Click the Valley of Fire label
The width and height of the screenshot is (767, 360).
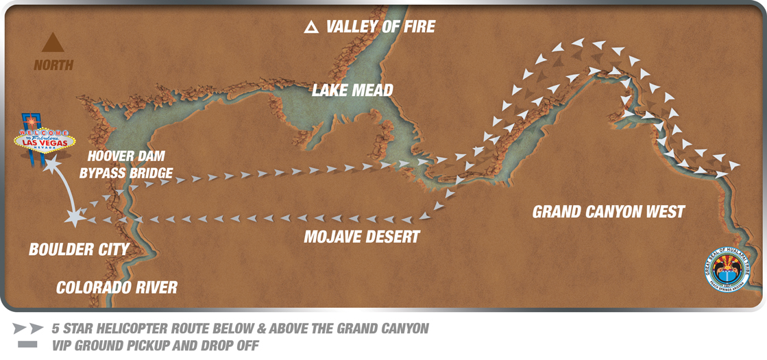(x=380, y=27)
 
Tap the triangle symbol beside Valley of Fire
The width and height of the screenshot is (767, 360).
(x=311, y=27)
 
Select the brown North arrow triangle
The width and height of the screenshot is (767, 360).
(x=53, y=43)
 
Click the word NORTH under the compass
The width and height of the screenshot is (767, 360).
(x=53, y=65)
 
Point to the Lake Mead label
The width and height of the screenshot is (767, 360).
(x=352, y=91)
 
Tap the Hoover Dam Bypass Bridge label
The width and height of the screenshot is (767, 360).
(x=126, y=165)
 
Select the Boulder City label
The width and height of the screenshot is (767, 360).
(x=79, y=250)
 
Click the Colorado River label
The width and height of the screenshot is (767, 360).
(x=117, y=287)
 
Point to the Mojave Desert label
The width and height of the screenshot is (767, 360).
(x=362, y=237)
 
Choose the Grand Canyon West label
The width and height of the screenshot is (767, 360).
(x=609, y=212)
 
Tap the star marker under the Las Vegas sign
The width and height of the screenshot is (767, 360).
(x=50, y=166)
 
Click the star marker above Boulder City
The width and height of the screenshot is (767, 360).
(x=75, y=218)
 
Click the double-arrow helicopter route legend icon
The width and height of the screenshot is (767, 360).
(x=28, y=329)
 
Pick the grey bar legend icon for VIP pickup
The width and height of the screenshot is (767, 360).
(x=28, y=345)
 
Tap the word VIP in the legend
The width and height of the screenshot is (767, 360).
(x=64, y=346)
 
